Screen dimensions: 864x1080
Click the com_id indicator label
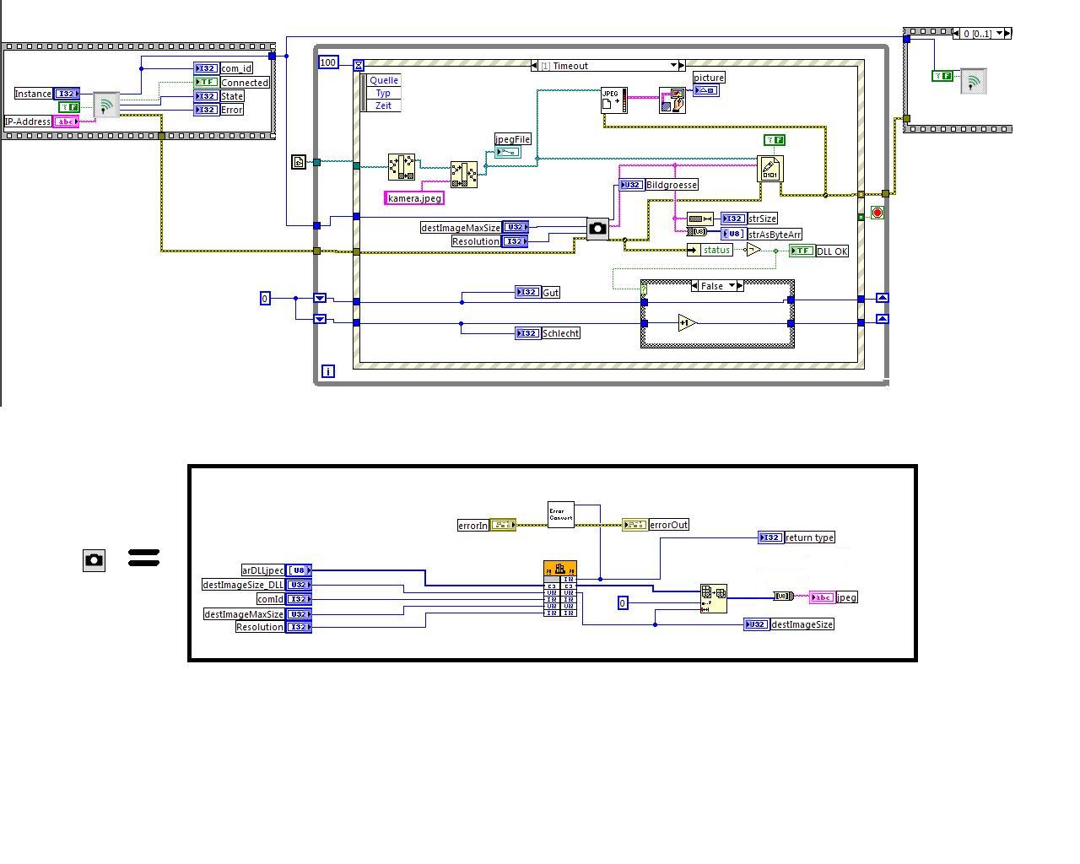tap(236, 68)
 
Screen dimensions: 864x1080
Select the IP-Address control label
tap(27, 121)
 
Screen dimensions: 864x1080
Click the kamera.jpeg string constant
tap(414, 198)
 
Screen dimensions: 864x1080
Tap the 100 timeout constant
tap(328, 62)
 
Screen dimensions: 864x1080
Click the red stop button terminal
tap(877, 213)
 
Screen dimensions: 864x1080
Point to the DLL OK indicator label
tap(832, 251)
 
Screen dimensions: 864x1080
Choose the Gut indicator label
tap(550, 293)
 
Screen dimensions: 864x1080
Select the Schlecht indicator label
tap(560, 333)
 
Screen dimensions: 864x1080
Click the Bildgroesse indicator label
tap(672, 185)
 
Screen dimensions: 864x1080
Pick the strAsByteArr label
tap(775, 235)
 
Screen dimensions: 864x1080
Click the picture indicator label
tap(709, 78)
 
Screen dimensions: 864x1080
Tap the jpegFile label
tap(512, 139)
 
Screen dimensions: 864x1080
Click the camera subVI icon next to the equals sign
tap(94, 559)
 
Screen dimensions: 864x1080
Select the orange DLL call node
tap(560, 588)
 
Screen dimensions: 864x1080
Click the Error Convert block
tap(560, 515)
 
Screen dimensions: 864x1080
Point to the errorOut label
tap(668, 525)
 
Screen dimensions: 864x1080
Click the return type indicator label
tap(809, 537)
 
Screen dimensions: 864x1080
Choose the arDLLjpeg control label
tap(262, 570)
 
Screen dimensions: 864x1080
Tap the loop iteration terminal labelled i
tap(328, 371)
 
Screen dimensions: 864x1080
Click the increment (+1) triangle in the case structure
tap(687, 323)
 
